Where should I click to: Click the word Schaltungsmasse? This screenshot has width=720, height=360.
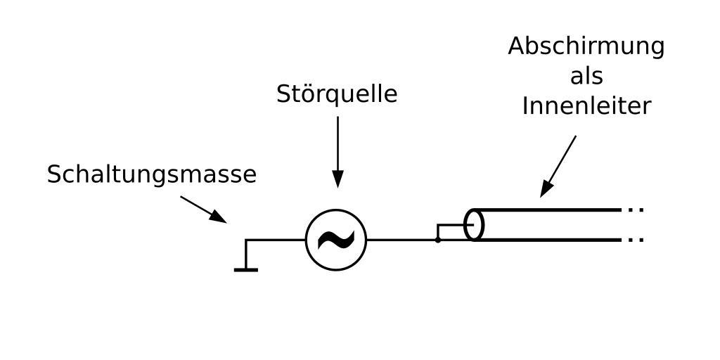[x=151, y=174]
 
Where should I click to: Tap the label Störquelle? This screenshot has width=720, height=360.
[x=337, y=94]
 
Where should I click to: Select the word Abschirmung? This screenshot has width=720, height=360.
[x=586, y=46]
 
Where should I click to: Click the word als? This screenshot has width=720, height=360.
[x=586, y=76]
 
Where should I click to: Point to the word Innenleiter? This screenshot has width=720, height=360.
[x=586, y=106]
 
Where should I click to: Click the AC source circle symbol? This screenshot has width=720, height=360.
[x=335, y=216]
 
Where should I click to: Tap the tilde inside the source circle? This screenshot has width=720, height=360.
[x=335, y=240]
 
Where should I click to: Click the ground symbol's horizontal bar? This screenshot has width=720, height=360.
[x=245, y=269]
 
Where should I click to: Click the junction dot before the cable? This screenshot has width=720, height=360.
[x=437, y=240]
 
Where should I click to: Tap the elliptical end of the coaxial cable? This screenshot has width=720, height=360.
[x=475, y=225]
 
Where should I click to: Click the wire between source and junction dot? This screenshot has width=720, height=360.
[x=401, y=240]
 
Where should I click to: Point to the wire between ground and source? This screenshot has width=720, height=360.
[x=278, y=240]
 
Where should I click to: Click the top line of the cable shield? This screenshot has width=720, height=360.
[x=548, y=210]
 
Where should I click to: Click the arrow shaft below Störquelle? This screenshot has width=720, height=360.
[x=337, y=144]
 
